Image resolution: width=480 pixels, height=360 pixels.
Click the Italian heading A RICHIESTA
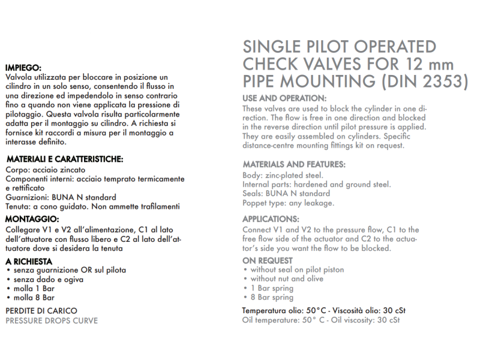click(29, 261)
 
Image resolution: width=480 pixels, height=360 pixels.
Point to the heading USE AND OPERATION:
click(284, 98)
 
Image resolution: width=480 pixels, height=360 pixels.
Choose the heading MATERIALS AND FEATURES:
click(293, 164)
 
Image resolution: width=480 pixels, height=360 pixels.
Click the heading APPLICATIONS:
click(271, 219)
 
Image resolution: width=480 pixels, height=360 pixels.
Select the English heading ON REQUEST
click(268, 260)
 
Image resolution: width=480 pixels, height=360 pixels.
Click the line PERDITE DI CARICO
click(41, 311)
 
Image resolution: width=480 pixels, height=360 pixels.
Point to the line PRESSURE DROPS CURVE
click(52, 320)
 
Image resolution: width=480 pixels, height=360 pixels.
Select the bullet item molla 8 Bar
click(33, 297)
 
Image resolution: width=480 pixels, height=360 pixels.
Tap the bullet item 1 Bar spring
click(272, 288)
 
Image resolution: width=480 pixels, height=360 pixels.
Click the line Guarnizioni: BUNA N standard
click(61, 197)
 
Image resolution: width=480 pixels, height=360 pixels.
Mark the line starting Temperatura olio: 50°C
click(323, 310)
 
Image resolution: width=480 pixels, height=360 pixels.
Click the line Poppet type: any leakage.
click(288, 203)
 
